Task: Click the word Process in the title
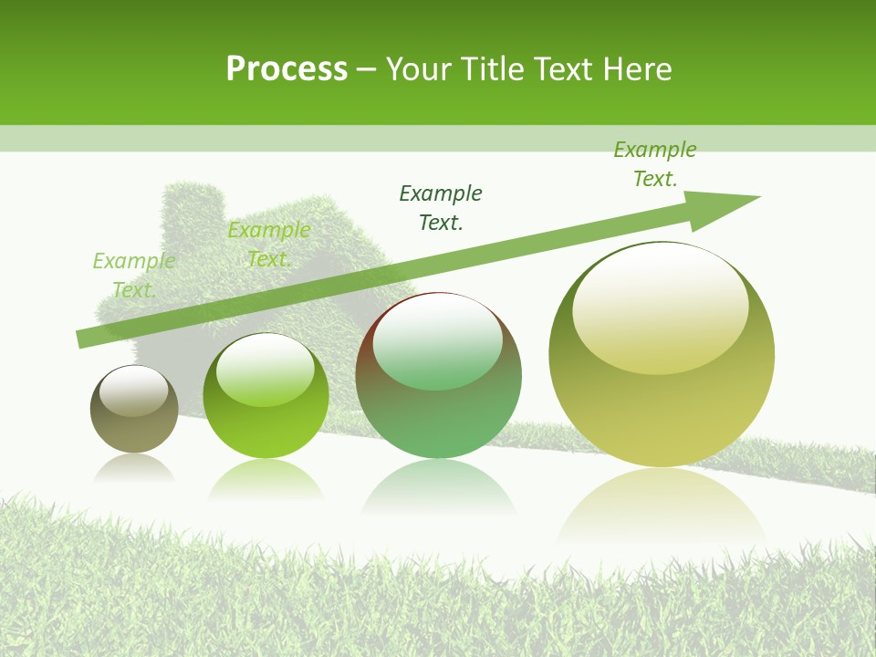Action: coord(287,69)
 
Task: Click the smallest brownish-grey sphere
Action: coord(134,409)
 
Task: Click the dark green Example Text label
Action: coord(441,207)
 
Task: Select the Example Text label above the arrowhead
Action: coord(654,164)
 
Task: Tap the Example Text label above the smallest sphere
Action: coord(133,276)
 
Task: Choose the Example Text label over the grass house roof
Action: coord(268,245)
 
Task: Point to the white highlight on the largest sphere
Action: coord(661,306)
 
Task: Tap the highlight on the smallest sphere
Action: coord(134,391)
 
